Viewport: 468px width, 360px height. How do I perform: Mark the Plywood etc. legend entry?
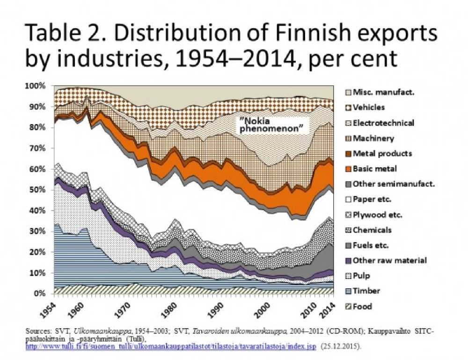[377, 214]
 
